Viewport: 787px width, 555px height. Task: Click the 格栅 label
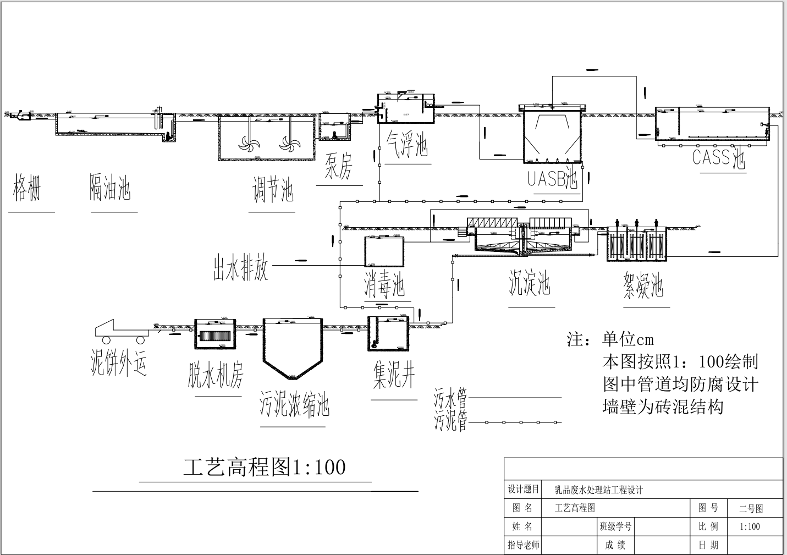click(27, 188)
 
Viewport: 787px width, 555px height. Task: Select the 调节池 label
click(273, 190)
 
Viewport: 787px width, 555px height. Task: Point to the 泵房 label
click(338, 166)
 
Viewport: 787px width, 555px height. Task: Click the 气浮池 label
click(407, 144)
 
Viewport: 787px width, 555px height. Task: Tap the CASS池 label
click(718, 158)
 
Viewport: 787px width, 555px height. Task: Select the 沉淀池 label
click(529, 283)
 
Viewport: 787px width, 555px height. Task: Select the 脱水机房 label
click(215, 375)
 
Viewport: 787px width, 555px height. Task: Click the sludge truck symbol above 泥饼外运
click(122, 329)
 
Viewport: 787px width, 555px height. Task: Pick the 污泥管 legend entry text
click(450, 422)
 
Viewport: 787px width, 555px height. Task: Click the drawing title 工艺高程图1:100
click(265, 467)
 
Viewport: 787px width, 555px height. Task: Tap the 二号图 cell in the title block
click(751, 509)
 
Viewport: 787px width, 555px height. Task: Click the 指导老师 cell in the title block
click(523, 545)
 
